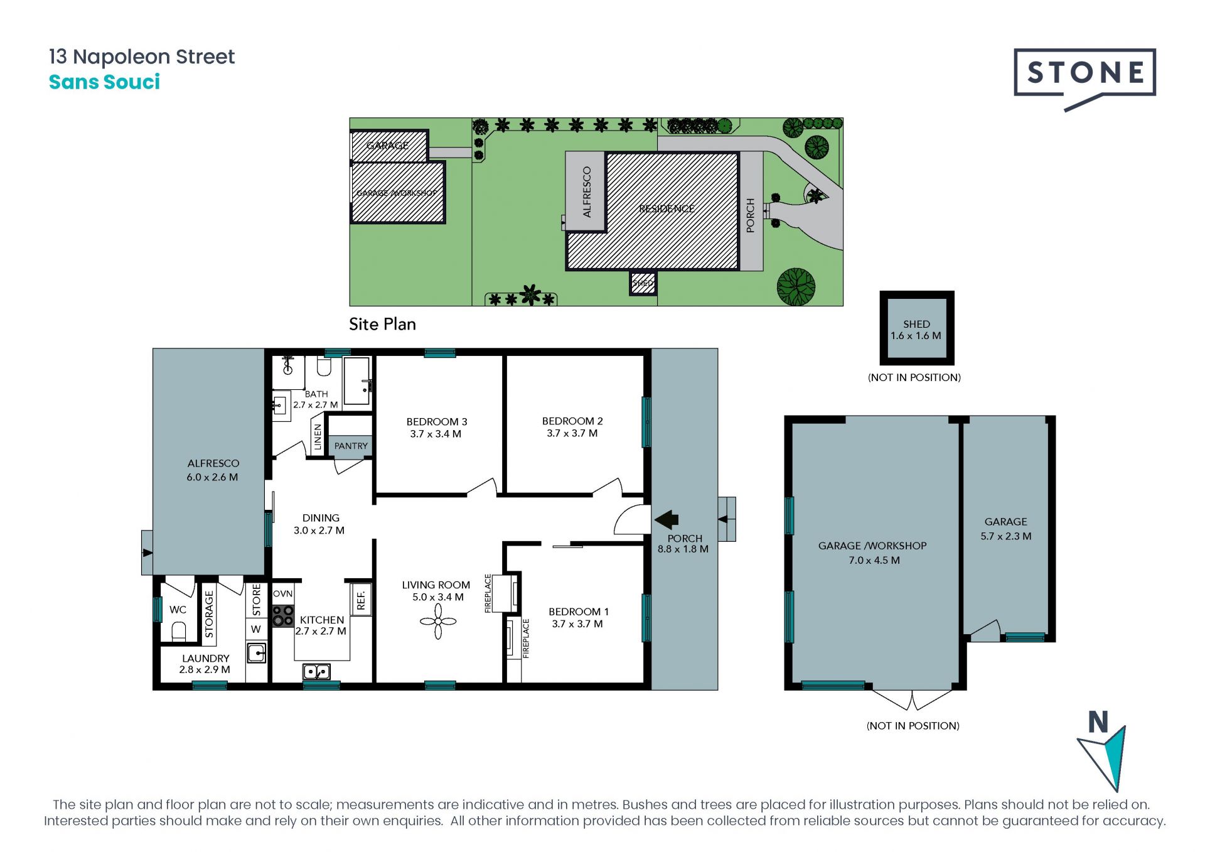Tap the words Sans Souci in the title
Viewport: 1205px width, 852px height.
pos(104,82)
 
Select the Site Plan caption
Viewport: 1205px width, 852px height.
pos(382,324)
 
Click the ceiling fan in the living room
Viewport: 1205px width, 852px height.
pos(438,622)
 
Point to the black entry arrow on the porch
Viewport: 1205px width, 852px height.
pos(667,519)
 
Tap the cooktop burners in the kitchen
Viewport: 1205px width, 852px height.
pos(283,615)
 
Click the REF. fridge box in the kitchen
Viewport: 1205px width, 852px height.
pos(361,598)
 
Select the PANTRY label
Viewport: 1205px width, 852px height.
pos(351,446)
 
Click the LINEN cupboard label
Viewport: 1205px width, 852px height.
pos(318,436)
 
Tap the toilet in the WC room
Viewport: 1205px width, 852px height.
pos(179,630)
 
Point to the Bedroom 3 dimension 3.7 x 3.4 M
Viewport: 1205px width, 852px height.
pos(436,434)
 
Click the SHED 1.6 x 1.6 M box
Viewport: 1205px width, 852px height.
pos(916,328)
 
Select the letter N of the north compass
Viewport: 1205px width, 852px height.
pos(1098,722)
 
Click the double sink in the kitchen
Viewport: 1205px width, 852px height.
pos(317,671)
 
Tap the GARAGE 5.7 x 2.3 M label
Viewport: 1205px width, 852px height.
pos(1005,529)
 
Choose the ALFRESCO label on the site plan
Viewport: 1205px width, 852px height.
pos(587,192)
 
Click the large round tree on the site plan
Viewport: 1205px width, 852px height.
pos(796,286)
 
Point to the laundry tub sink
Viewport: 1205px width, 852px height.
pos(256,653)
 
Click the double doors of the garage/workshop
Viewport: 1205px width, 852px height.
pos(912,699)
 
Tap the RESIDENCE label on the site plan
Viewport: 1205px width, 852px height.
pos(667,208)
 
